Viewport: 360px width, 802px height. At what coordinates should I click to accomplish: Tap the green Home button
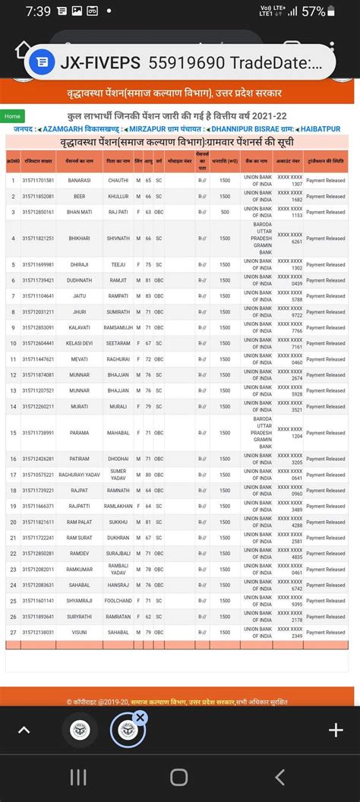[12, 116]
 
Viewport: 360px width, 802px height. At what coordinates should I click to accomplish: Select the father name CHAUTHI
[118, 181]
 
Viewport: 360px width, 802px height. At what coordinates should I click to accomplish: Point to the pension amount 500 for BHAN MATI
[225, 212]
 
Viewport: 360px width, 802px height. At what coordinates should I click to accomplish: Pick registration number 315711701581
[38, 181]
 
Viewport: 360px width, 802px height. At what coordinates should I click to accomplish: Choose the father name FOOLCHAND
[118, 601]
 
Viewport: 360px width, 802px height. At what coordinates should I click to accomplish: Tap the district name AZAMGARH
[68, 129]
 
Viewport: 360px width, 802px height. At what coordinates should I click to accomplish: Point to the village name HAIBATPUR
[321, 129]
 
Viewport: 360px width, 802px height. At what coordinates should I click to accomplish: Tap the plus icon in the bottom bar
[336, 730]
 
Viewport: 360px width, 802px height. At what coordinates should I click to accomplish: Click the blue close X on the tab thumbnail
[141, 717]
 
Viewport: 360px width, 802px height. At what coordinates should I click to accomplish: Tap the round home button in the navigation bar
[179, 776]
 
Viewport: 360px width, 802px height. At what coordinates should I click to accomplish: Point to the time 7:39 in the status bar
[38, 11]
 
